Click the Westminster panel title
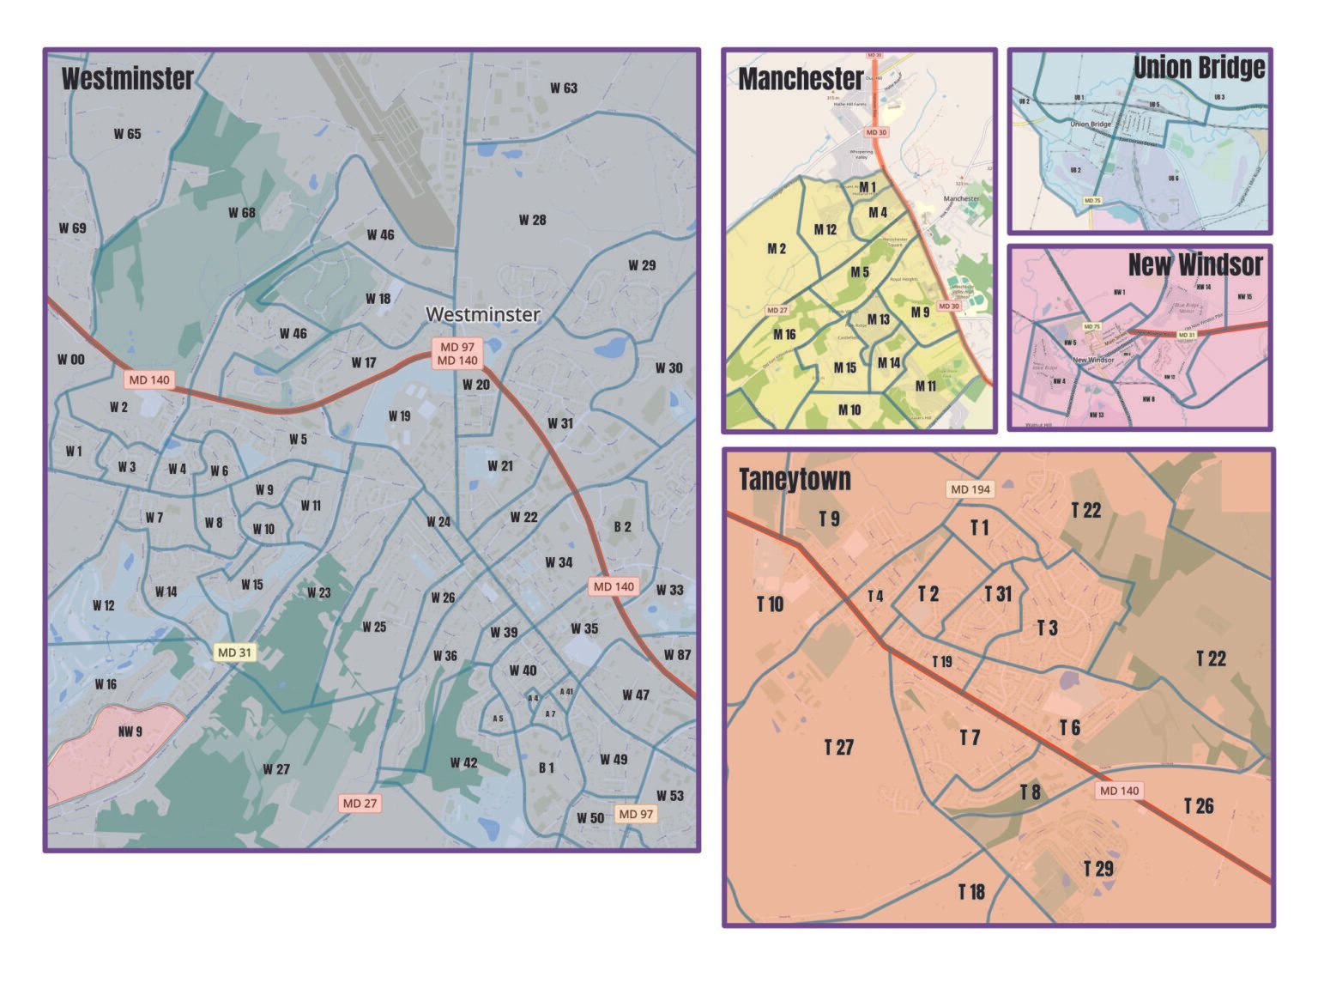point(127,79)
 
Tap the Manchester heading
point(800,79)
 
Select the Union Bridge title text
point(1199,68)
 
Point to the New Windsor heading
point(1194,264)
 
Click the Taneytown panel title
point(795,479)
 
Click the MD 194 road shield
point(970,489)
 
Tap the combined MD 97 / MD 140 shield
point(457,354)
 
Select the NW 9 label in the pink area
point(130,731)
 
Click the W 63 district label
point(564,88)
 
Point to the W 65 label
point(127,134)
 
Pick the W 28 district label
point(532,220)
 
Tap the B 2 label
point(622,527)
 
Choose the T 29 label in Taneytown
point(1098,869)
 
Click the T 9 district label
point(829,519)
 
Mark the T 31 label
point(998,593)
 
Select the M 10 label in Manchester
point(849,410)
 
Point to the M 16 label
point(784,335)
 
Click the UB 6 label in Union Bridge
point(1173,179)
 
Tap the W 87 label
point(677,655)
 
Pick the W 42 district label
point(463,762)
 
